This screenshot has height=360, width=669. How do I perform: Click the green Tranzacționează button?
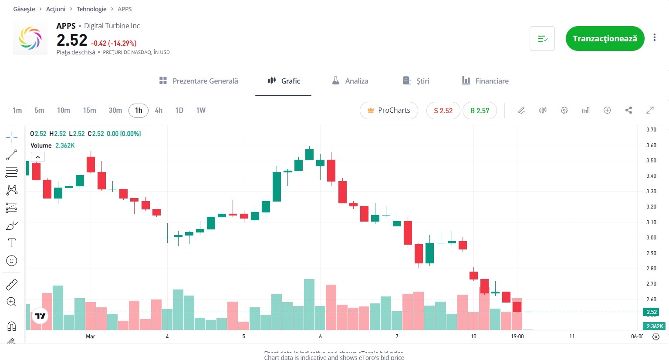pyautogui.click(x=605, y=39)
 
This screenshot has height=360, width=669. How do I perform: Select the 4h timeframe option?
pyautogui.click(x=159, y=111)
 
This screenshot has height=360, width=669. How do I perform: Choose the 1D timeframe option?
pyautogui.click(x=179, y=111)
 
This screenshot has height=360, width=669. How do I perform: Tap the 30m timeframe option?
pyautogui.click(x=115, y=111)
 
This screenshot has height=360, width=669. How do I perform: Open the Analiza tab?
pyautogui.click(x=350, y=81)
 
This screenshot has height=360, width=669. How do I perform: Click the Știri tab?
pyautogui.click(x=416, y=81)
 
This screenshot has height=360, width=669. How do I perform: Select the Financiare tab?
pyautogui.click(x=485, y=81)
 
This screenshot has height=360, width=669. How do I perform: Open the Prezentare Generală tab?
pyautogui.click(x=199, y=81)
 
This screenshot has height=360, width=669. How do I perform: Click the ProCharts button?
pyautogui.click(x=389, y=111)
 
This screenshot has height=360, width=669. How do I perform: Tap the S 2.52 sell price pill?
pyautogui.click(x=443, y=111)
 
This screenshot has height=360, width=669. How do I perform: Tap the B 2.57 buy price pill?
pyautogui.click(x=480, y=111)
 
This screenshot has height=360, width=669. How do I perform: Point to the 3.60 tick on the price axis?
pyautogui.click(x=651, y=145)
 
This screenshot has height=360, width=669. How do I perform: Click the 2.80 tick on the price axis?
pyautogui.click(x=651, y=269)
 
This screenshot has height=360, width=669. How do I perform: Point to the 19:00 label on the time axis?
pyautogui.click(x=517, y=336)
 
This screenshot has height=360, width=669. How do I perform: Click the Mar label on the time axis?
pyautogui.click(x=91, y=336)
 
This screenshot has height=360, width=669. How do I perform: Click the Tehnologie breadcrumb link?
pyautogui.click(x=91, y=9)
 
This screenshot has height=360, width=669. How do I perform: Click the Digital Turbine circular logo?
pyautogui.click(x=30, y=38)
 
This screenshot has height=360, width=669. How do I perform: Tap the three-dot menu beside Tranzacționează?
pyautogui.click(x=654, y=38)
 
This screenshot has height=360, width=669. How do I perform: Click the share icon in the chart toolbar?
pyautogui.click(x=628, y=111)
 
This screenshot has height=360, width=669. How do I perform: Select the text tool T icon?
pyautogui.click(x=12, y=243)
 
